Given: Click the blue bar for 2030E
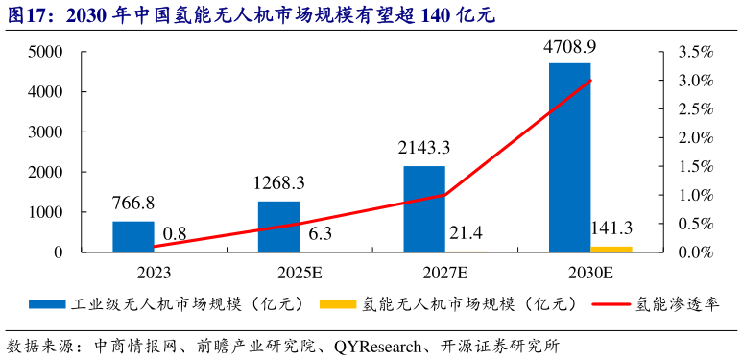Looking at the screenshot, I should click(x=569, y=157).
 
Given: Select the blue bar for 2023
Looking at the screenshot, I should click(x=133, y=236).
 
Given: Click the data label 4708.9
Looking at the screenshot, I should click(x=569, y=47).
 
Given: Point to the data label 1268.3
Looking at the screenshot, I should click(x=278, y=182).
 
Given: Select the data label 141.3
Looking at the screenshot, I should click(x=616, y=228).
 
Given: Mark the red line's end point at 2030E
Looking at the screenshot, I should click(x=590, y=80).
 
